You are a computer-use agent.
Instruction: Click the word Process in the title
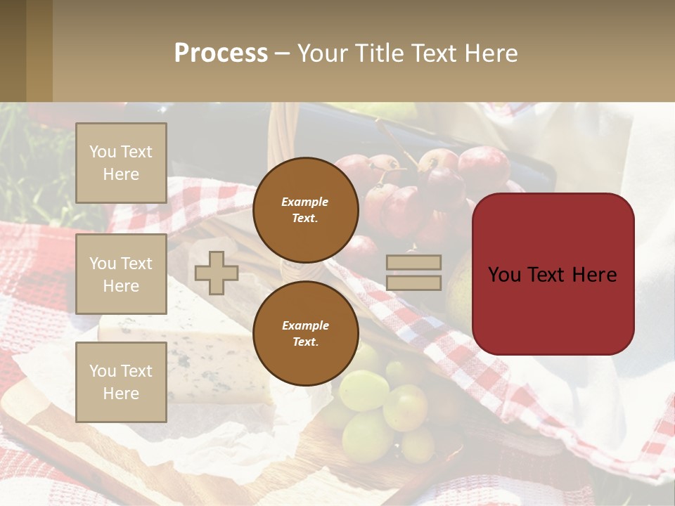tap(221, 53)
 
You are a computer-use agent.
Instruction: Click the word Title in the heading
tap(379, 53)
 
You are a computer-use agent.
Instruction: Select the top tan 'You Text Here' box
tap(121, 163)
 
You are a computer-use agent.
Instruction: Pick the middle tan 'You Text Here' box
tap(121, 274)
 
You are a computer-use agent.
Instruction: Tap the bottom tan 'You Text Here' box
tap(121, 382)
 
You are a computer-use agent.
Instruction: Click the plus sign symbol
tap(216, 273)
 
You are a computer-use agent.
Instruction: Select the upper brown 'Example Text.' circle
tap(306, 210)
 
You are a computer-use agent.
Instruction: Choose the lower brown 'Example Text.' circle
tap(306, 334)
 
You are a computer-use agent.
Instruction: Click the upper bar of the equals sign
tap(413, 263)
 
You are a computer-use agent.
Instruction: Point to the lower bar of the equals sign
tap(413, 283)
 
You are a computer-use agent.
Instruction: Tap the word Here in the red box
tap(594, 275)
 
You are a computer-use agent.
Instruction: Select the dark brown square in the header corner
tap(13, 51)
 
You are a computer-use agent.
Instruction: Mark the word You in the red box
tap(504, 275)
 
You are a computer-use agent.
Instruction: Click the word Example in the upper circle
tap(305, 202)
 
